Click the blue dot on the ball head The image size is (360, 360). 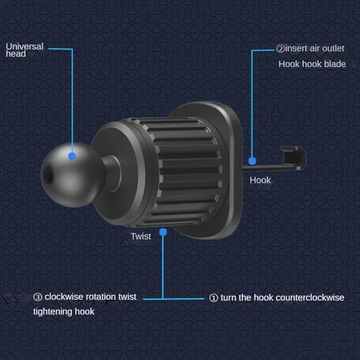(x=72, y=156)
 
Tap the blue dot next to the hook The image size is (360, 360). (x=252, y=160)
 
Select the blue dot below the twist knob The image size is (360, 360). (x=163, y=232)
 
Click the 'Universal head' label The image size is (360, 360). (x=25, y=50)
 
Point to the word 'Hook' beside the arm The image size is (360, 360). (x=260, y=180)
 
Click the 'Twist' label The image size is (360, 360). (x=141, y=236)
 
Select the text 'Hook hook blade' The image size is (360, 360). (x=312, y=64)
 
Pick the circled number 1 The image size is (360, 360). (x=214, y=298)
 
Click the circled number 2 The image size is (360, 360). (x=280, y=49)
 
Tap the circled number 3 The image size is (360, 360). (x=38, y=297)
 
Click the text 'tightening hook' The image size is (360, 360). (x=64, y=311)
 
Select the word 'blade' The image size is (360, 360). (x=335, y=64)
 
